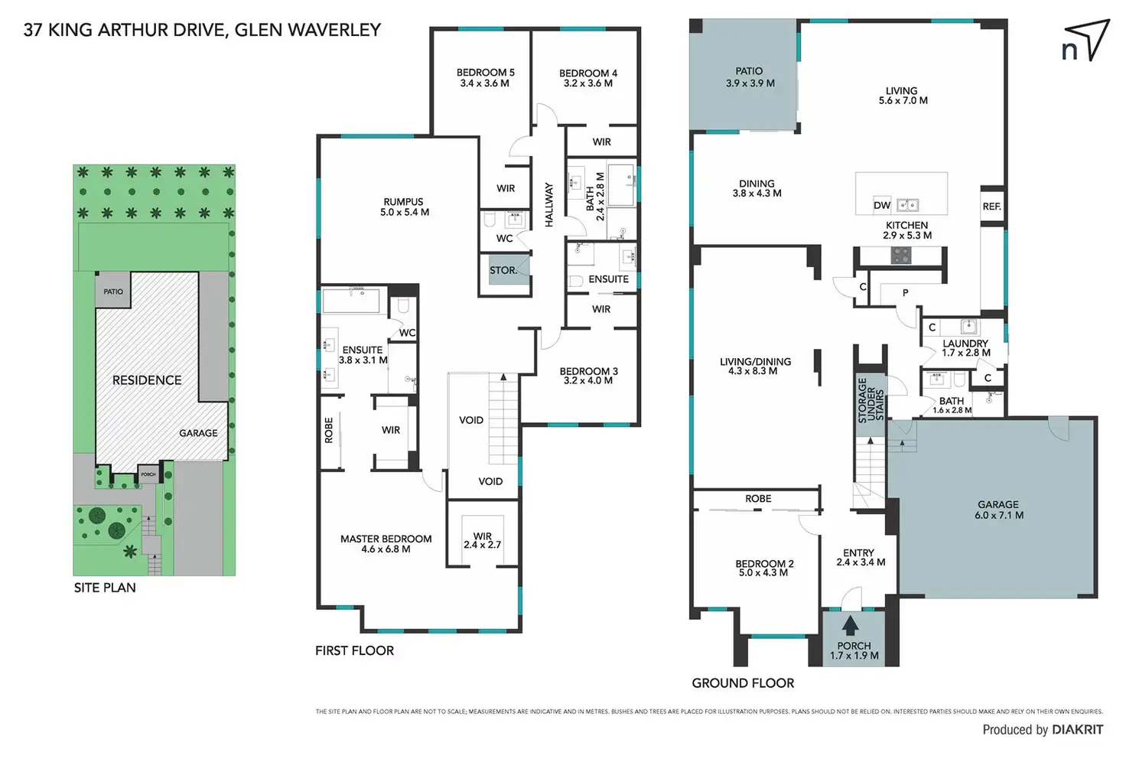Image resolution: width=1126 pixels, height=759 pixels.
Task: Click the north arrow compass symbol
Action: pyautogui.click(x=1085, y=43)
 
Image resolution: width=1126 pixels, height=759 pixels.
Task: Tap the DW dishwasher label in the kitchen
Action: pyautogui.click(x=882, y=205)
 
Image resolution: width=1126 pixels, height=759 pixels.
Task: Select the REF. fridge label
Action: pyautogui.click(x=991, y=207)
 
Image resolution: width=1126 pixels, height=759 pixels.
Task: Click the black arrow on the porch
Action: pyautogui.click(x=850, y=626)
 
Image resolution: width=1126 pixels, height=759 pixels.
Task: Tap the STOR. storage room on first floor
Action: pyautogui.click(x=503, y=270)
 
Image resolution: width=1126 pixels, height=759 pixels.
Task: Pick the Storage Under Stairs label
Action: pyautogui.click(x=871, y=399)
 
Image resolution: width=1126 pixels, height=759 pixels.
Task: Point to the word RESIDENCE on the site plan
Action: pyautogui.click(x=147, y=380)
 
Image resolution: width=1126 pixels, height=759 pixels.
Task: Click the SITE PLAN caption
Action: pyautogui.click(x=105, y=588)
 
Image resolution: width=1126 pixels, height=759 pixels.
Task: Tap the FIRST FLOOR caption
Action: pyautogui.click(x=354, y=650)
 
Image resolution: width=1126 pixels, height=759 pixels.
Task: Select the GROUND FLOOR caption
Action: pyautogui.click(x=743, y=682)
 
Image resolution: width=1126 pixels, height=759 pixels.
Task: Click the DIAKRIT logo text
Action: pyautogui.click(x=1077, y=729)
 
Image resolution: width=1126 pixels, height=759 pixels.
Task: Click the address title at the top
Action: pyautogui.click(x=202, y=30)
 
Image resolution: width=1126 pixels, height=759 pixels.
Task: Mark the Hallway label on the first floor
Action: pyautogui.click(x=548, y=204)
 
